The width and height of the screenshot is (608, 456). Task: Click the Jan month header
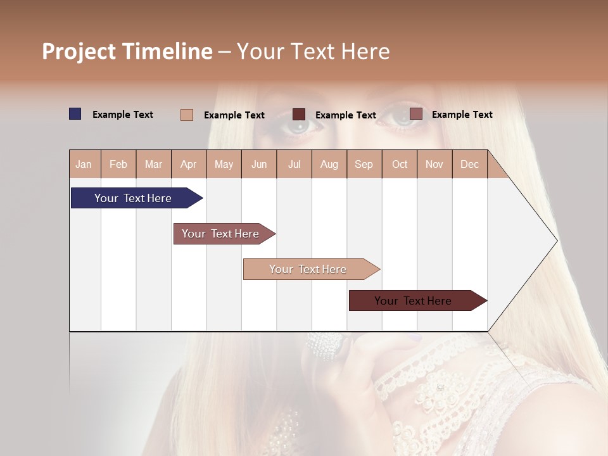click(x=84, y=164)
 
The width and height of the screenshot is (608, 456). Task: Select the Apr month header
click(x=188, y=164)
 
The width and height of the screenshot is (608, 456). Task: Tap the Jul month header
click(x=294, y=164)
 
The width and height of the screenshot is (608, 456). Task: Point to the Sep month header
click(x=364, y=164)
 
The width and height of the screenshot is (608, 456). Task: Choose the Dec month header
click(x=469, y=164)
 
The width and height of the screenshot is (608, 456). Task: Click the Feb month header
click(x=118, y=164)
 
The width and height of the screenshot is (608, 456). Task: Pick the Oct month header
click(x=400, y=164)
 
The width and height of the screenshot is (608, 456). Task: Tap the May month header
click(x=224, y=164)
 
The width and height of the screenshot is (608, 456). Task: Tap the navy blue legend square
click(x=75, y=114)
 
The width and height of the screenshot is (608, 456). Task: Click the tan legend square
click(x=187, y=115)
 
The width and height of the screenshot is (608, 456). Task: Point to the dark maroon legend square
click(x=299, y=115)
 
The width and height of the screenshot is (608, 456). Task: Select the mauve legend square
click(x=415, y=114)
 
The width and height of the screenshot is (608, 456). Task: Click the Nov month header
click(x=434, y=164)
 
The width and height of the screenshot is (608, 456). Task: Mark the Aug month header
click(x=329, y=164)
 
